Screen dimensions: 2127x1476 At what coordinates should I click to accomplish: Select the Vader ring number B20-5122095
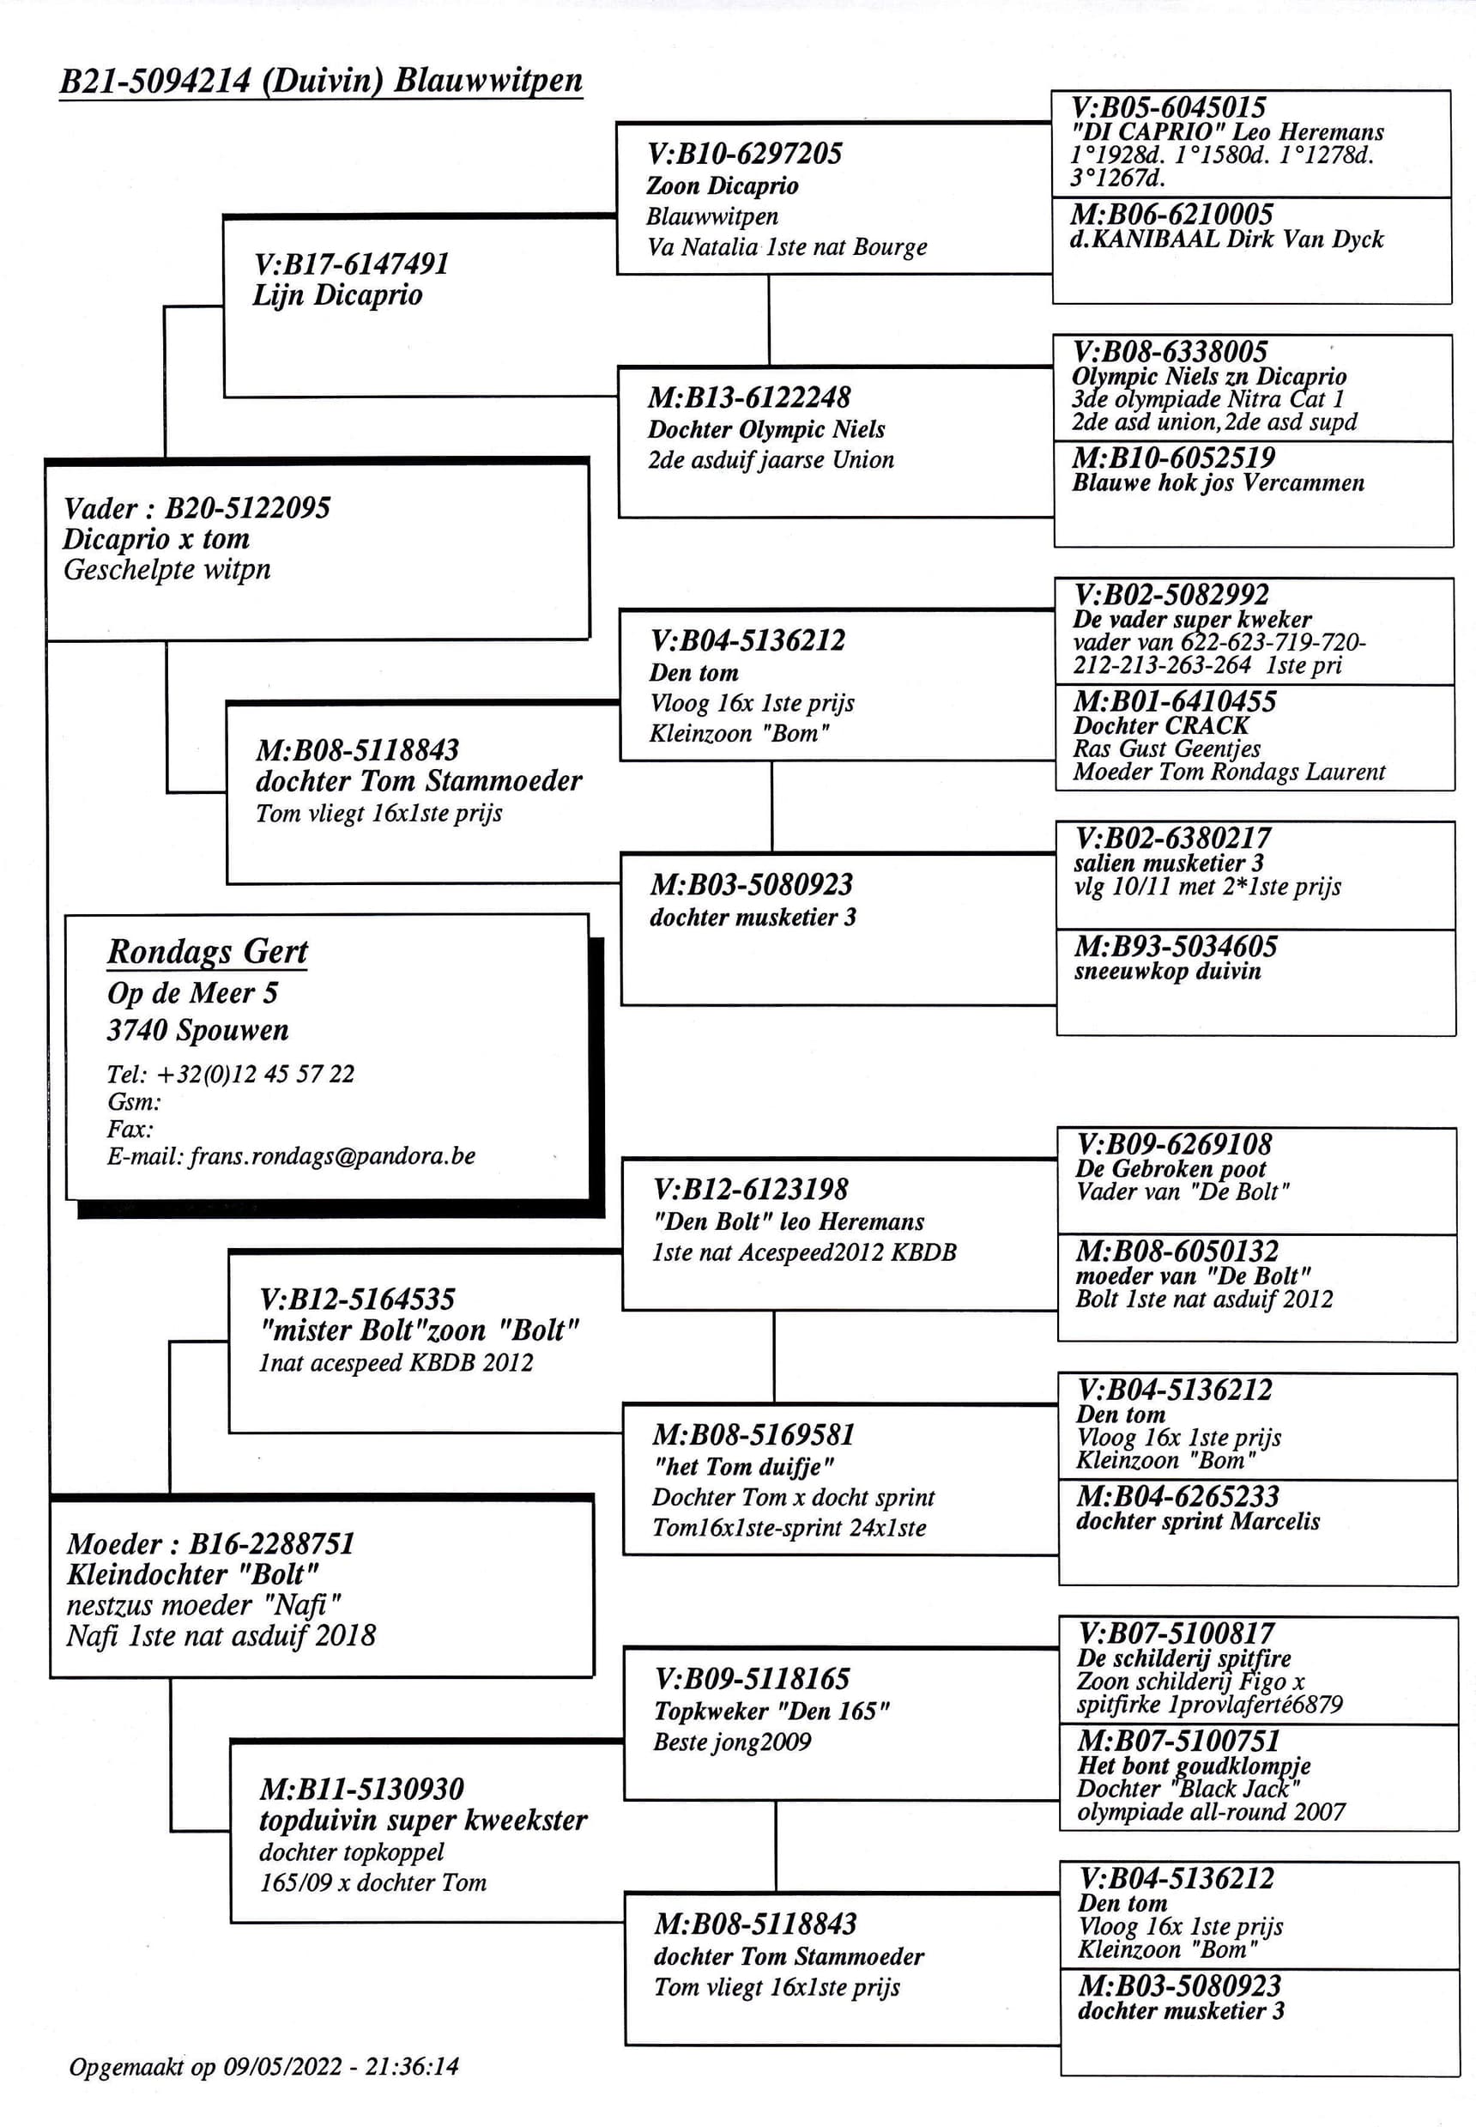point(247,507)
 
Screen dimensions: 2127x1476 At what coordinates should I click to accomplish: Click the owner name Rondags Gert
point(207,951)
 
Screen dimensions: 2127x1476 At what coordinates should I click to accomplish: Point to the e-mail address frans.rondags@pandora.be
point(332,1156)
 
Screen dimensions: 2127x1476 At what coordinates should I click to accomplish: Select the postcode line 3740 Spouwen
point(198,1029)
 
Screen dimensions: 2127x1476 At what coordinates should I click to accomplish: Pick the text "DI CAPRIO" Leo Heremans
point(1227,131)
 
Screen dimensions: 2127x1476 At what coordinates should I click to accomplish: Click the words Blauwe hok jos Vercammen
point(1218,482)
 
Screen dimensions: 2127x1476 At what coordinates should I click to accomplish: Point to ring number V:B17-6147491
point(352,264)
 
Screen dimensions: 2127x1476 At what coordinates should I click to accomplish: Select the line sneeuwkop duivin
point(1167,971)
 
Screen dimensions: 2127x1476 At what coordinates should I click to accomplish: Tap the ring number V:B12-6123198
point(750,1190)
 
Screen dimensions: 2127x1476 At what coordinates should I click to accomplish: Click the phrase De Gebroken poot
point(1171,1168)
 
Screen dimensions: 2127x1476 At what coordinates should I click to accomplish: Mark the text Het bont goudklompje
point(1194,1765)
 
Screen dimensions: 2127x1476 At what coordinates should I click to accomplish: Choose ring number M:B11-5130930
point(361,1789)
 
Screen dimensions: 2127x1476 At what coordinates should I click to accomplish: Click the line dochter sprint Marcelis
point(1198,1520)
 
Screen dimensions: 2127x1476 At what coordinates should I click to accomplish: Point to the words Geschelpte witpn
point(167,570)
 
